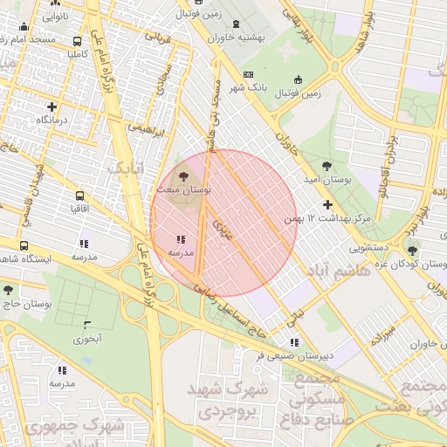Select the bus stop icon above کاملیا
[x=79, y=40]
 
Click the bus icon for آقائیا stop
[x=79, y=196]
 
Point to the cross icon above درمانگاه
[x=52, y=106]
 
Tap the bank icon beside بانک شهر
[x=250, y=75]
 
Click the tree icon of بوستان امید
[x=327, y=165]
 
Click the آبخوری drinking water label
[x=87, y=337]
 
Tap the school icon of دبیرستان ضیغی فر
[x=293, y=342]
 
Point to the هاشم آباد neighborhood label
[x=341, y=272]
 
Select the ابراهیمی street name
[x=147, y=127]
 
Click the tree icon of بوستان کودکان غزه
[x=412, y=251]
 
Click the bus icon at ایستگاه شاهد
[x=23, y=246]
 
